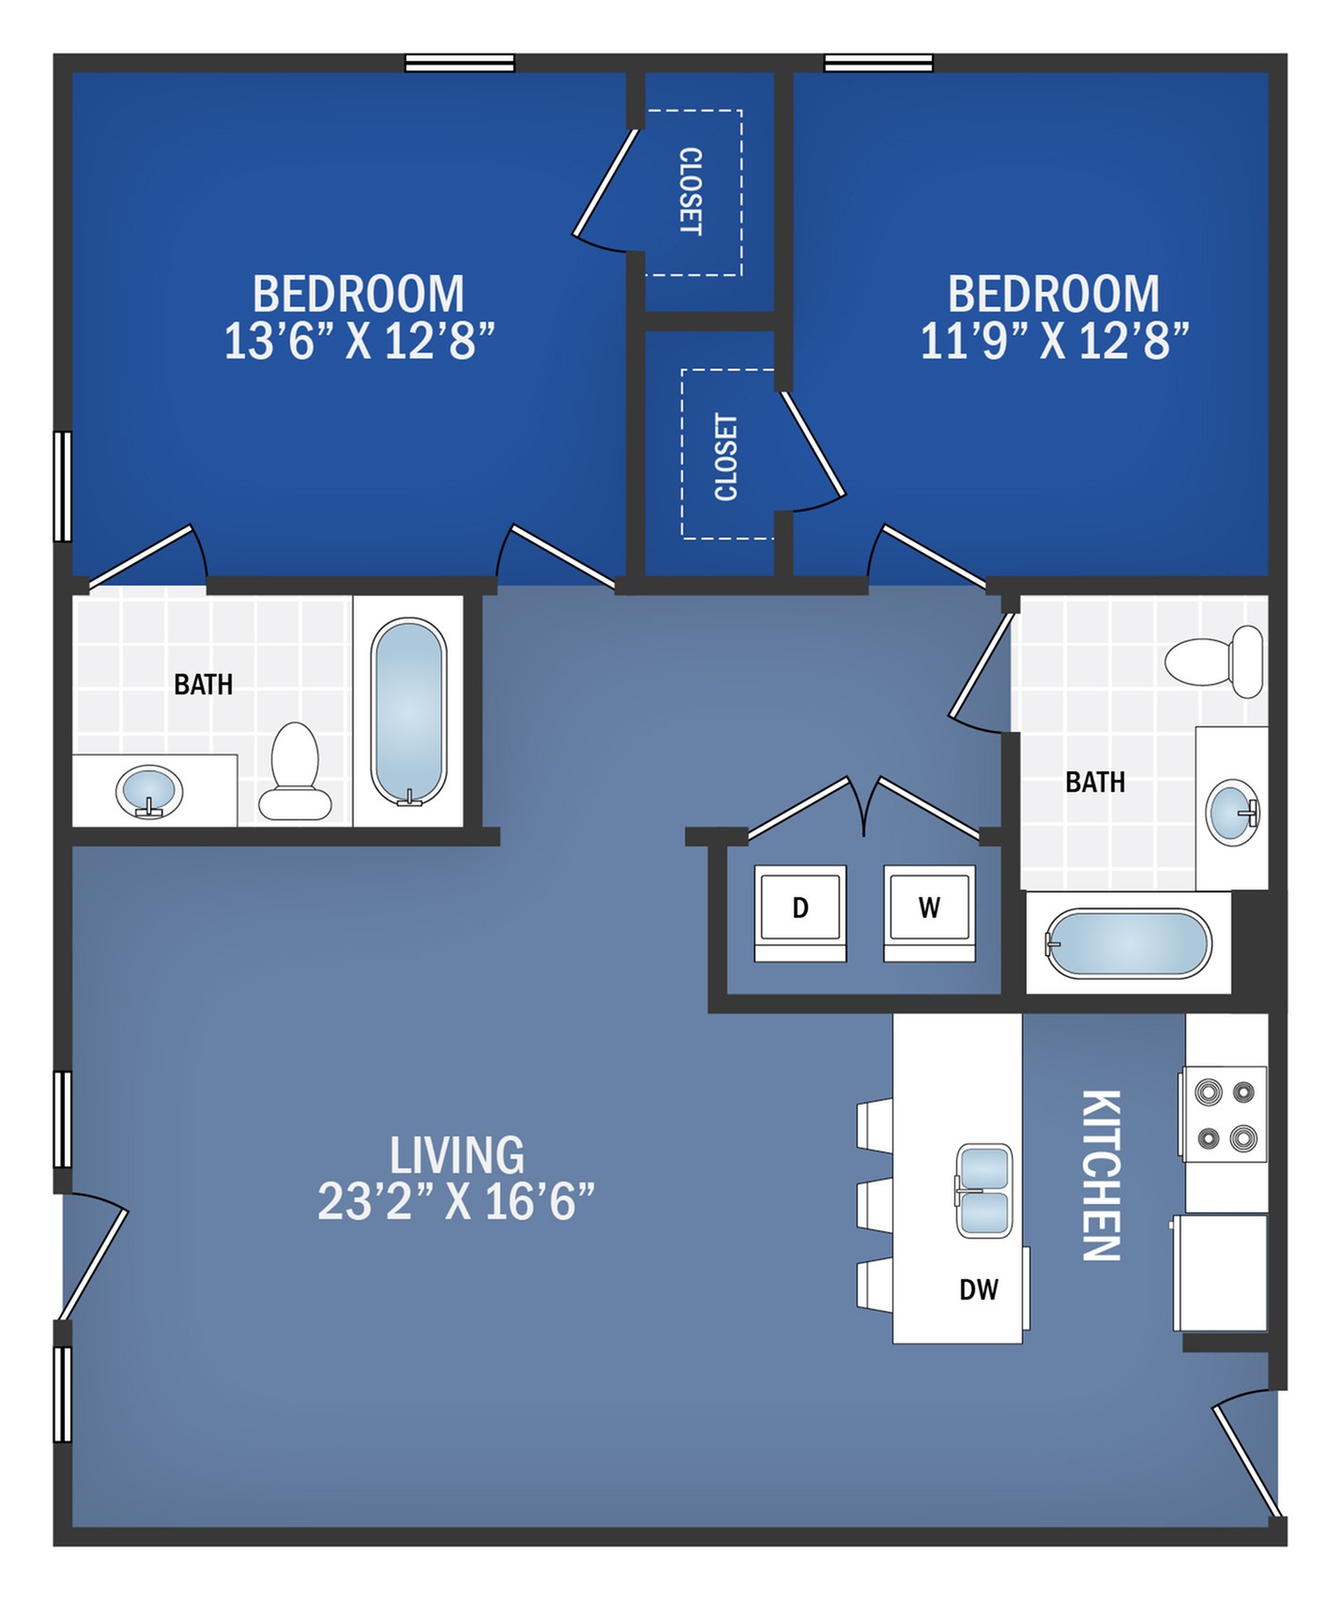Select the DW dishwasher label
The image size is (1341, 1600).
978,1289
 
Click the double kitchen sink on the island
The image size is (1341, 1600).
983,1191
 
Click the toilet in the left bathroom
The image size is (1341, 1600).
295,773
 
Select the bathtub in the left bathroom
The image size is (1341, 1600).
408,711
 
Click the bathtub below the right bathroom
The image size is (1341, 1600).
1129,943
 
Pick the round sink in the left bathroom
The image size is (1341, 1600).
149,791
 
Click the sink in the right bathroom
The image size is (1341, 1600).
1232,812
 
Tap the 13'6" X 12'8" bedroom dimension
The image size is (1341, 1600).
358,341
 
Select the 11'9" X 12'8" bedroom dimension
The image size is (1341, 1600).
1054,341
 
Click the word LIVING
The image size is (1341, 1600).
457,1155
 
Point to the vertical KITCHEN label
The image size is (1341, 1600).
1101,1175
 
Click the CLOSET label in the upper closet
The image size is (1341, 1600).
691,191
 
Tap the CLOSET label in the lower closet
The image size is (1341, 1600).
725,457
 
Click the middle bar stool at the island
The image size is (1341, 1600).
875,1204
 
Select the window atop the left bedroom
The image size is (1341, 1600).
460,63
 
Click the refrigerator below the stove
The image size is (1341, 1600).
1221,1272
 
